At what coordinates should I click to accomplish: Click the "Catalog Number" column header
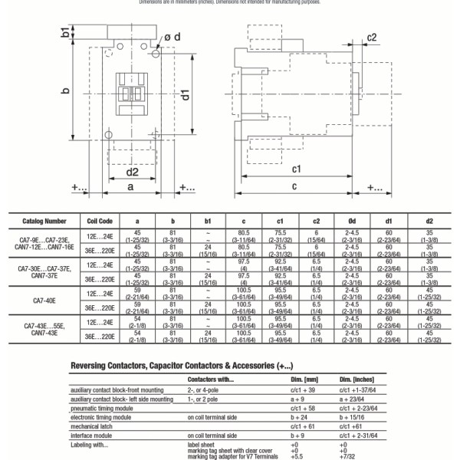point(44,220)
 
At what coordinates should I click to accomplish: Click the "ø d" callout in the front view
point(172,37)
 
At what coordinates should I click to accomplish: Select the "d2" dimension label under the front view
point(131,172)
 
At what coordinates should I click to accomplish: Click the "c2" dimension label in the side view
point(371,37)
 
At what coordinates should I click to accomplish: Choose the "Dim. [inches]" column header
point(356,379)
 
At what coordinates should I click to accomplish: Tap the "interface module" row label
point(91,435)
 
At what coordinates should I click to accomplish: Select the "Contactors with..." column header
point(211,379)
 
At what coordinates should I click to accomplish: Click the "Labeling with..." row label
point(92,444)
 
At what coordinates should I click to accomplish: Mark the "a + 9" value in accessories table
point(298,399)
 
